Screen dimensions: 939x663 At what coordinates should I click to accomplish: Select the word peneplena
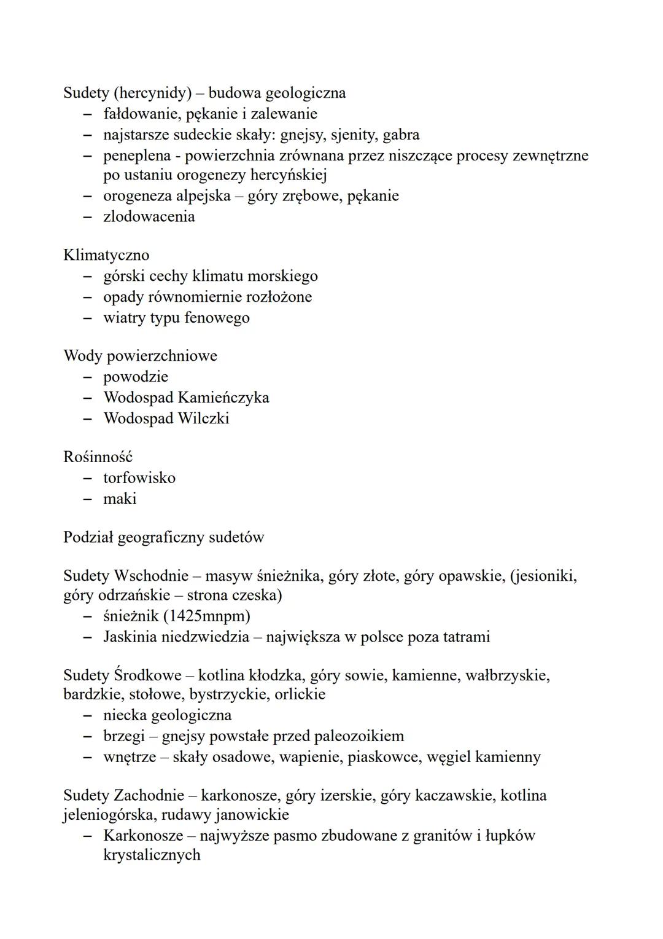coord(136,155)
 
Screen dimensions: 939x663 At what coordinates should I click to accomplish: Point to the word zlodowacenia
coord(149,217)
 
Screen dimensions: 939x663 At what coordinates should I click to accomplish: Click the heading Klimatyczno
coord(106,255)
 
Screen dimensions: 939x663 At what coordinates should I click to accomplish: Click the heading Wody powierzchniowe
coord(140,356)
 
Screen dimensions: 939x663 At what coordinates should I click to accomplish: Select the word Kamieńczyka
coord(223,398)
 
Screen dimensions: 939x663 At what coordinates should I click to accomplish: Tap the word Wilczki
coord(203,418)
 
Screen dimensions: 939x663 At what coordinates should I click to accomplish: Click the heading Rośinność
coord(98,457)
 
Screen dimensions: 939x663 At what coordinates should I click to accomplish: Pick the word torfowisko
coord(139,478)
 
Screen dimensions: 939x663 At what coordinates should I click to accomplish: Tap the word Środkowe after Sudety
coord(147,675)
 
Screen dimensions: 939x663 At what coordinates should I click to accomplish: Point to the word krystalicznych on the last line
coord(152,855)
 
